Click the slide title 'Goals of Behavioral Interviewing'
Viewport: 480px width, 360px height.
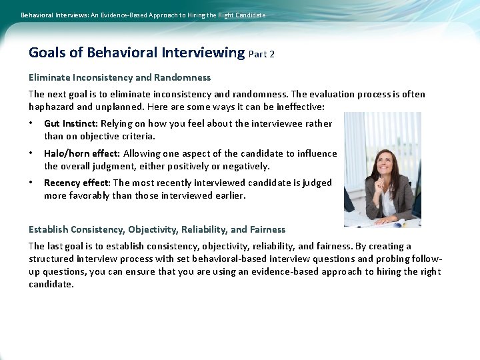pyautogui.click(x=137, y=53)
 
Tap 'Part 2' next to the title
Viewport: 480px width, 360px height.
pyautogui.click(x=261, y=54)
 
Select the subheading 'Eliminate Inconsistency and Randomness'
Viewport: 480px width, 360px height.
pyautogui.click(x=119, y=77)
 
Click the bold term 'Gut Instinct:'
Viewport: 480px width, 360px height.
pyautogui.click(x=71, y=123)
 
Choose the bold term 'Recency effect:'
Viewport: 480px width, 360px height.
pyautogui.click(x=77, y=183)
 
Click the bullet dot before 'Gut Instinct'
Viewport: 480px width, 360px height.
pyautogui.click(x=31, y=123)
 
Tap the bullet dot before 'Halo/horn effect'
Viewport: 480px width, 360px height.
pyautogui.click(x=31, y=153)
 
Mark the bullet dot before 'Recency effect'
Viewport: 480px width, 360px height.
pyautogui.click(x=31, y=183)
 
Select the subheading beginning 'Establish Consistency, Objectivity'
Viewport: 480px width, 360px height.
pyautogui.click(x=157, y=229)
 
